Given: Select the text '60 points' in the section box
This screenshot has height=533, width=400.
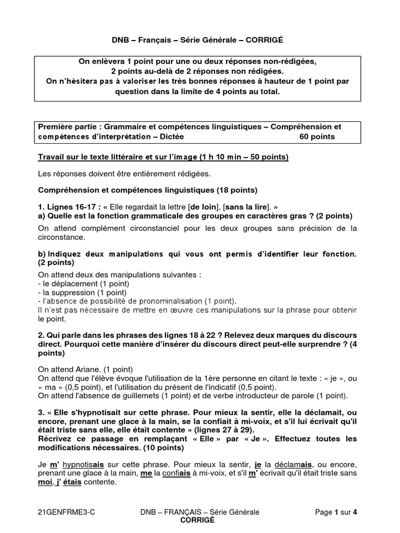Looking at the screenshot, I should pos(317,137).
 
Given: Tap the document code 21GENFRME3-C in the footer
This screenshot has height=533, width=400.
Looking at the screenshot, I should pos(66,513).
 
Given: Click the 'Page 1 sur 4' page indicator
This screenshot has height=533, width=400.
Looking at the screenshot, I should pos(336,513).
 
